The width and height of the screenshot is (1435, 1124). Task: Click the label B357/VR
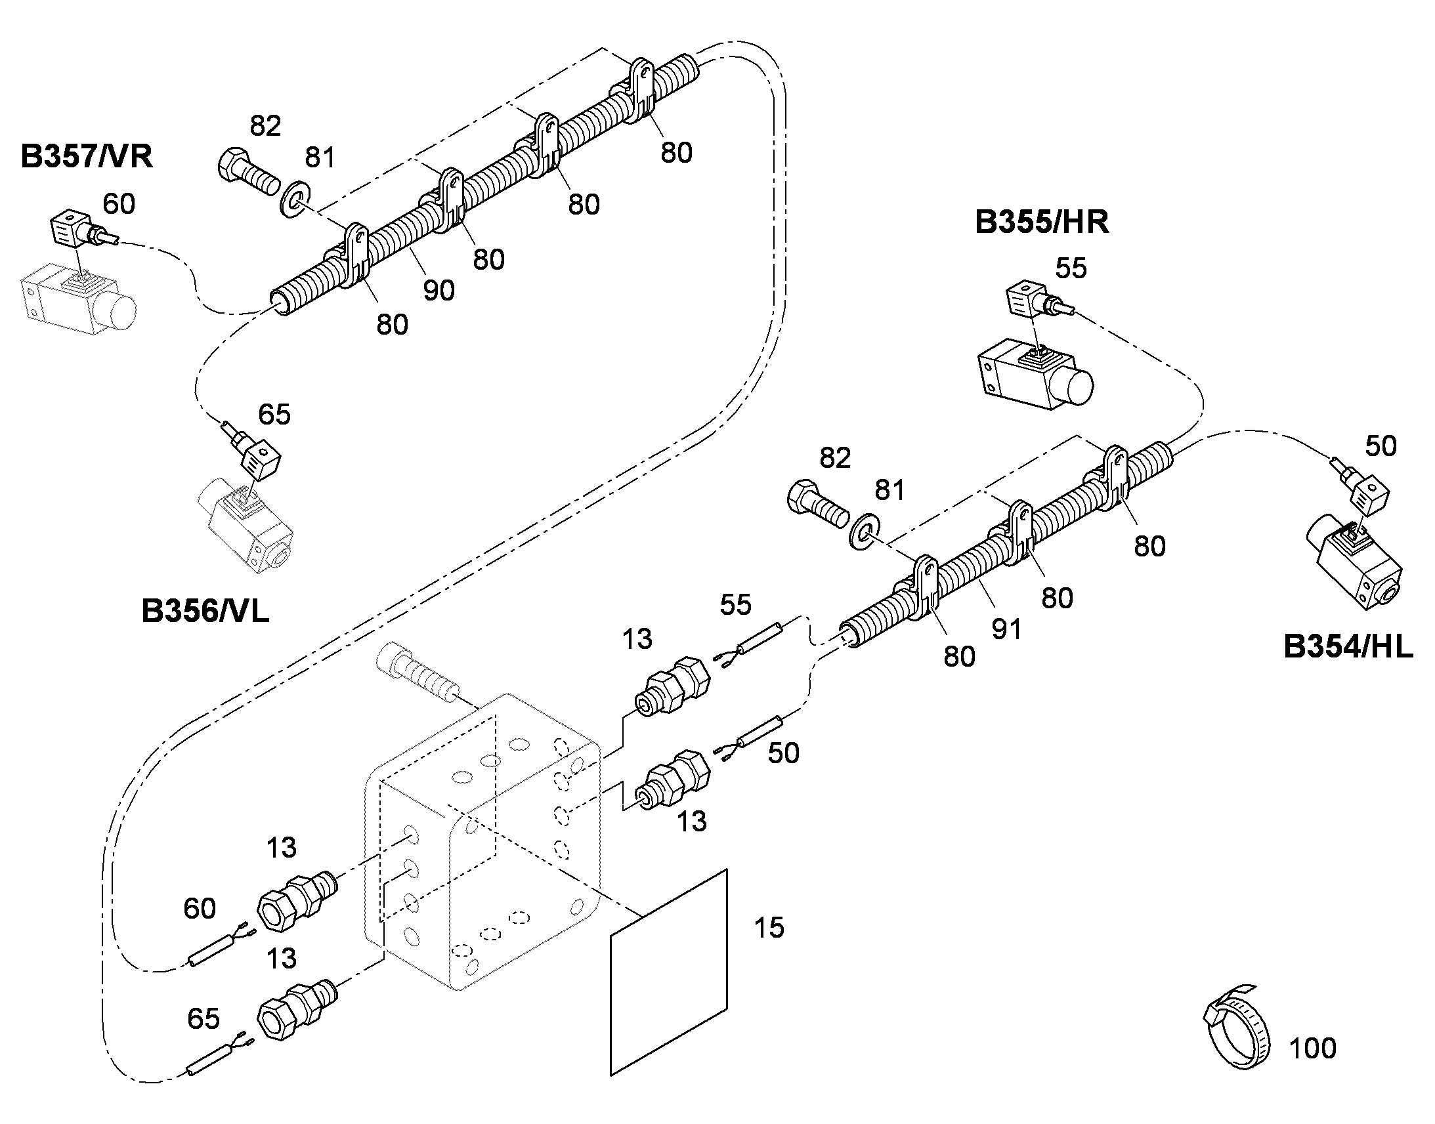pos(86,157)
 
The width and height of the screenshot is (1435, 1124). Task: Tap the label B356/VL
pos(205,612)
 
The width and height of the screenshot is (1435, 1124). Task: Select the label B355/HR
pos(1042,222)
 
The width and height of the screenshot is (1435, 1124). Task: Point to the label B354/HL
pos(1348,647)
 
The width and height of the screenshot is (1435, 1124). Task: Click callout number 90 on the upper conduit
pos(439,290)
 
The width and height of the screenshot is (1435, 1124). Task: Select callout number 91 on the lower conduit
pos(1006,629)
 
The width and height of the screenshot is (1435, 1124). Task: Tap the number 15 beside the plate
pos(769,928)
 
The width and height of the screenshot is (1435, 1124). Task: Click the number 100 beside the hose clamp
pos(1312,1049)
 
